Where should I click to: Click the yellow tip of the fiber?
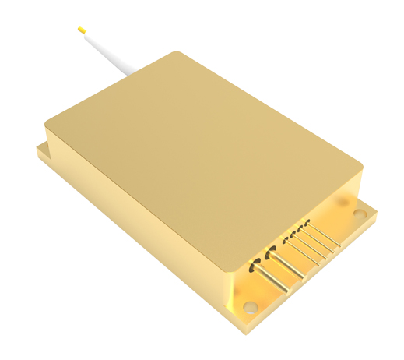82,30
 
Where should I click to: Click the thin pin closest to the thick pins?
303,249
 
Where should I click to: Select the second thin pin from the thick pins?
311,245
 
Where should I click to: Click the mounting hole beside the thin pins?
360,212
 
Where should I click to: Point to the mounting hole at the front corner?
248,307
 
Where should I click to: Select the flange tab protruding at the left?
43,151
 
